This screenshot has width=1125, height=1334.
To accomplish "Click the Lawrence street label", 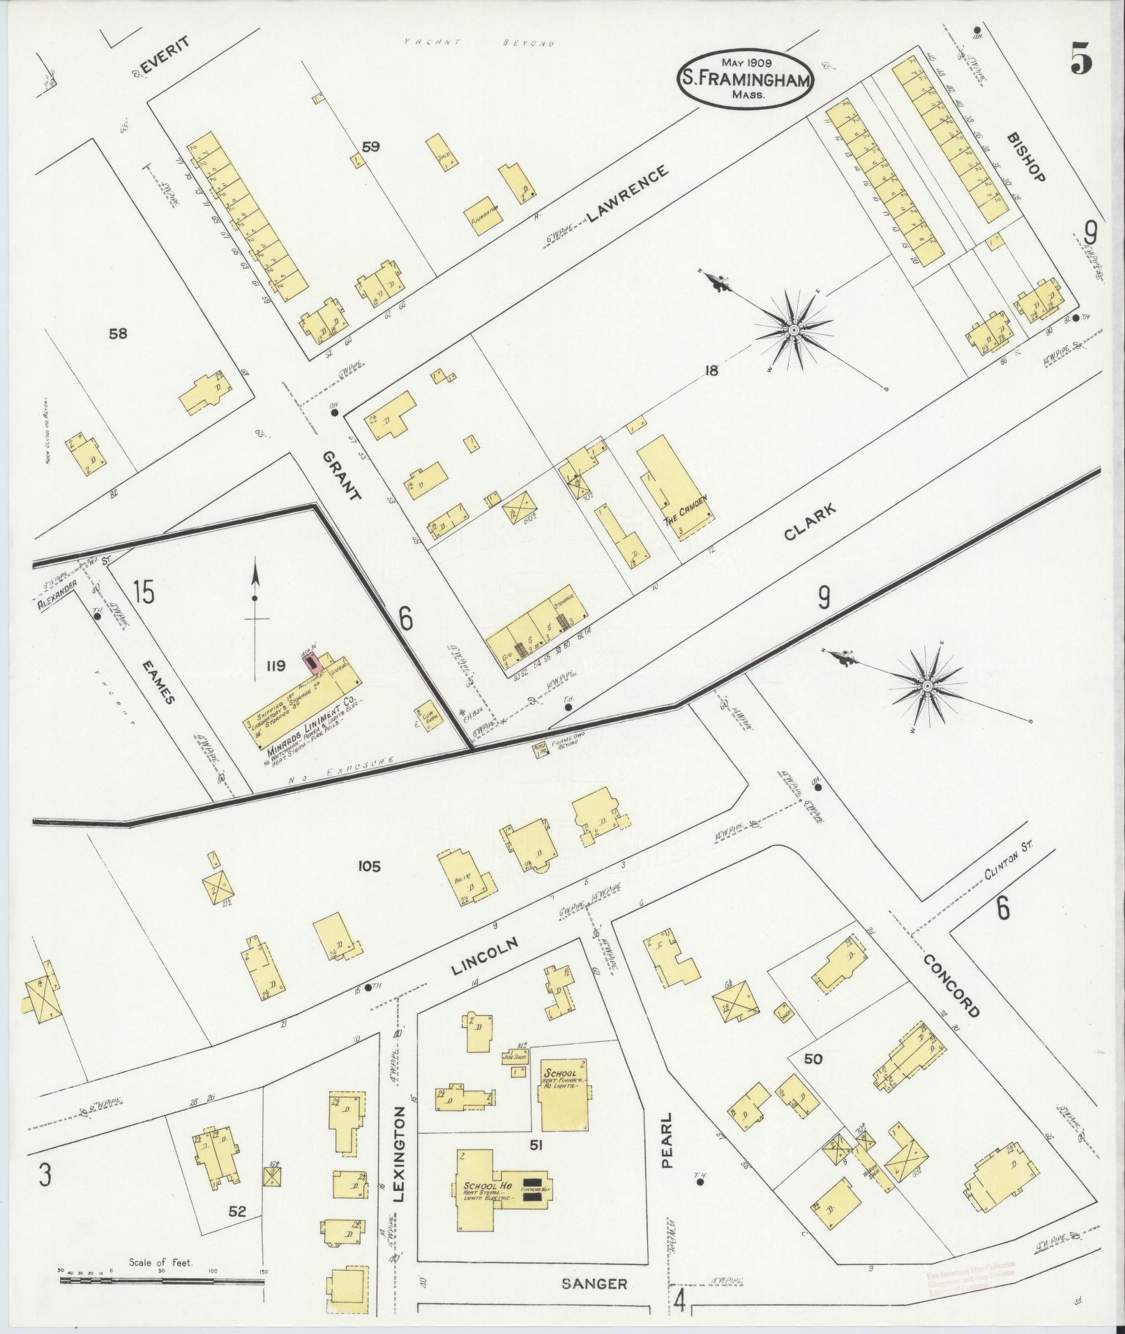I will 628,193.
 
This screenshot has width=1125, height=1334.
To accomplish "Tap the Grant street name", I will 342,476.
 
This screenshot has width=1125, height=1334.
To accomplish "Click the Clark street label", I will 809,523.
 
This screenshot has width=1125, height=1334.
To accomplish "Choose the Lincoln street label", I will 485,955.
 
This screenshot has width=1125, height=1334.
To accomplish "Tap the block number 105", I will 368,867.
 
